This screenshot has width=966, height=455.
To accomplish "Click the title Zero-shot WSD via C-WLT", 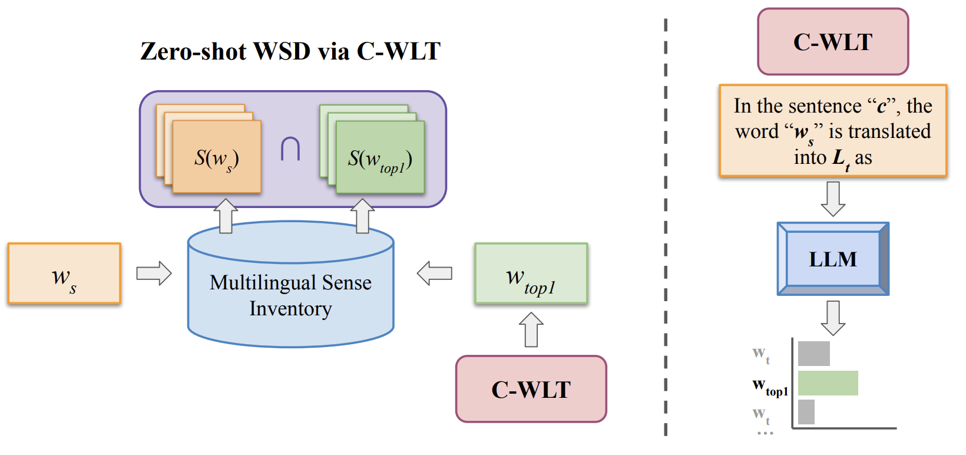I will pyautogui.click(x=290, y=51).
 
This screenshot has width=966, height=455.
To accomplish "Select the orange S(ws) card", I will pyautogui.click(x=216, y=157).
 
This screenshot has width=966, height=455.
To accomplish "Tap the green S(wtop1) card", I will pyautogui.click(x=380, y=157).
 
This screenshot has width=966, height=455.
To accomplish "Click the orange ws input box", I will pyautogui.click(x=64, y=273).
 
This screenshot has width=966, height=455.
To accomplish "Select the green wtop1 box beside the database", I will pyautogui.click(x=531, y=273).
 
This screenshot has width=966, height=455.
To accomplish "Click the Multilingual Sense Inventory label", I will pyautogui.click(x=290, y=295).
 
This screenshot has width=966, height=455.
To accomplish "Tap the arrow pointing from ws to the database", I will pyautogui.click(x=154, y=273).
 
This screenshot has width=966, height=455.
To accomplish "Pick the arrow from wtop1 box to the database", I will pyautogui.click(x=434, y=273).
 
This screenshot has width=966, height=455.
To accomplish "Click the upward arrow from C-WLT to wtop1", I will pyautogui.click(x=531, y=329).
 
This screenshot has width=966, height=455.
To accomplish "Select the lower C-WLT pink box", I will pyautogui.click(x=531, y=389).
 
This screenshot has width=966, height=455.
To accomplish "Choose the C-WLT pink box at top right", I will pyautogui.click(x=832, y=42).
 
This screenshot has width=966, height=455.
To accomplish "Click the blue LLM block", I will pyautogui.click(x=832, y=259).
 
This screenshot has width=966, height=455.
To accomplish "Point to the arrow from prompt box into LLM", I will pyautogui.click(x=832, y=199).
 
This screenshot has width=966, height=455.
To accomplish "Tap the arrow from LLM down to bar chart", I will pyautogui.click(x=832, y=318).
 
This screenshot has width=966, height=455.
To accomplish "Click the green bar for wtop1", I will pyautogui.click(x=828, y=383).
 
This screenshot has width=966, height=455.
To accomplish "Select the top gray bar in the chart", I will pyautogui.click(x=813, y=354).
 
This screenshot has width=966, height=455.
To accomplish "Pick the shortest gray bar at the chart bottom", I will pyautogui.click(x=806, y=412).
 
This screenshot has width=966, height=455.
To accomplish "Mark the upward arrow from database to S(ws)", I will pyautogui.click(x=226, y=216).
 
